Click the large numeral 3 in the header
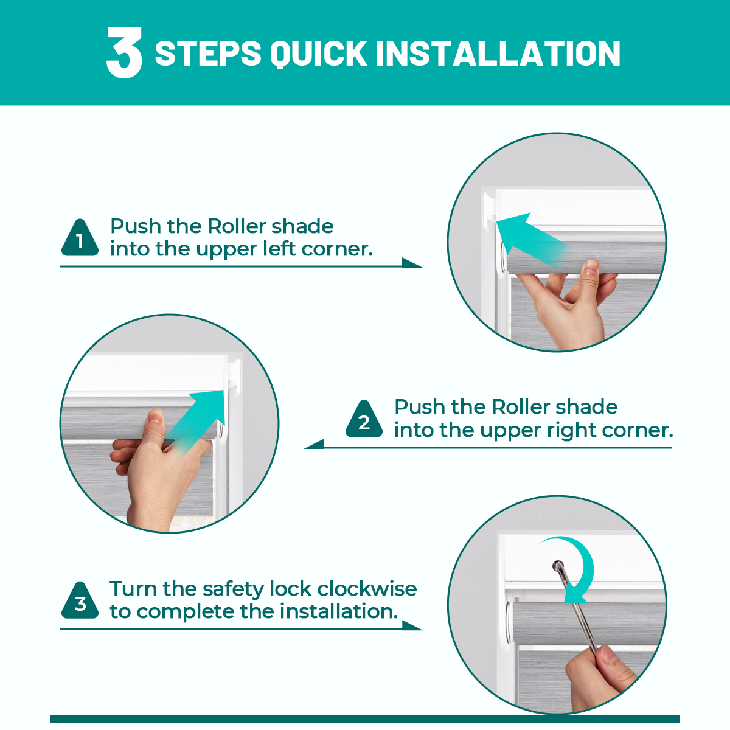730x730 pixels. click(x=124, y=52)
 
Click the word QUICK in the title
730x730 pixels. click(x=319, y=53)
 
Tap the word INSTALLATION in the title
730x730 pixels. click(x=498, y=53)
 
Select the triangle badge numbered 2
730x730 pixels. click(x=364, y=419)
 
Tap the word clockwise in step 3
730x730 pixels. click(x=367, y=589)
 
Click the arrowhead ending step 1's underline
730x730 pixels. click(x=412, y=263)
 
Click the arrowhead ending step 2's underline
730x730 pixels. click(x=315, y=444)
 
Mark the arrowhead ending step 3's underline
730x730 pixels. click(x=412, y=625)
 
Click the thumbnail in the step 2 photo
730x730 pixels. click(x=155, y=416)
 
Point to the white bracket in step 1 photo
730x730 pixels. click(x=490, y=211)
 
